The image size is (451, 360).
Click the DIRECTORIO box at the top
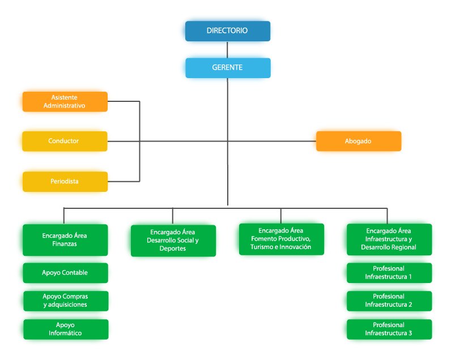pos(227,31)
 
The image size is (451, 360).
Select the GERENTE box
pos(227,67)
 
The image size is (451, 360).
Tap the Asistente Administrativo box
pos(63,101)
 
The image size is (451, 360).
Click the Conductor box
pos(63,141)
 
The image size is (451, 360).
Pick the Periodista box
pos(63,182)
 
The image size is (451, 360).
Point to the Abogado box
pos(358,141)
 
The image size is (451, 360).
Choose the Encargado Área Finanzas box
pos(63,239)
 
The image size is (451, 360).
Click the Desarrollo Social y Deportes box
pos(172,240)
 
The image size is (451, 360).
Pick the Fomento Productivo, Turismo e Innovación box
pos(280,239)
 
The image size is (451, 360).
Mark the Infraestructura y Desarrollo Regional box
pos(388,239)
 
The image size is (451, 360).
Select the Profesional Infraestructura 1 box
pos(388,272)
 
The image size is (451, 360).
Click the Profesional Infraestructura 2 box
pos(388,301)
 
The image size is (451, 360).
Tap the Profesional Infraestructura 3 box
pos(388,329)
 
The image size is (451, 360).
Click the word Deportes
pos(172,248)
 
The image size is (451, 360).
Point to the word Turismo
pos(265,247)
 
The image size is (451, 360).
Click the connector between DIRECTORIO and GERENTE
pos(227,50)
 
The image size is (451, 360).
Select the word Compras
pos(75,297)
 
